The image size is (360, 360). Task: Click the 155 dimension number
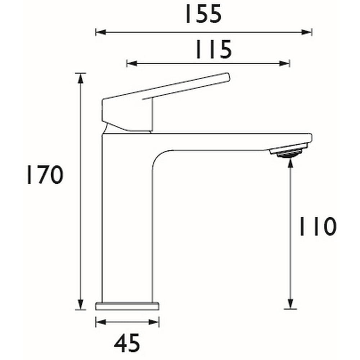(202, 15)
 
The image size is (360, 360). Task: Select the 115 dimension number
(213, 50)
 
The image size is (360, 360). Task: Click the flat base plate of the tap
(127, 306)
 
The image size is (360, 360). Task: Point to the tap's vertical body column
(127, 223)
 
